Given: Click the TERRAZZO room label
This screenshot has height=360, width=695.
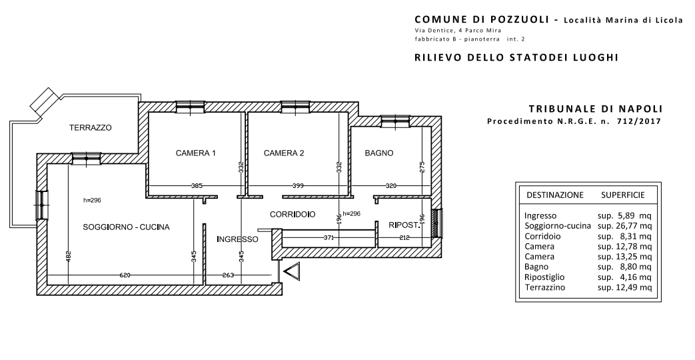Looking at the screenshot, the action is click(91, 128).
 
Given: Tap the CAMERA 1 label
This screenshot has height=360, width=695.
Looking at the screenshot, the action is click(195, 153).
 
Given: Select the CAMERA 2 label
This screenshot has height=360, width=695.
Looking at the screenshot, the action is click(284, 153).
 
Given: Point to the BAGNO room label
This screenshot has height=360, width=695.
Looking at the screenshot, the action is click(379, 153).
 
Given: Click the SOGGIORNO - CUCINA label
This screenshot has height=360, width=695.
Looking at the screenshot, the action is click(127, 227).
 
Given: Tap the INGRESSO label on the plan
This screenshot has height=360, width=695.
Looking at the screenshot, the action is click(238, 239).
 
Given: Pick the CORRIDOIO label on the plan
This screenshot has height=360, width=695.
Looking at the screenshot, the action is click(293, 215).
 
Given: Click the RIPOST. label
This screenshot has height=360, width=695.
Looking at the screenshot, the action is click(404, 225).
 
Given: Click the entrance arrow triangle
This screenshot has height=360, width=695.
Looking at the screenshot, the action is click(292, 271).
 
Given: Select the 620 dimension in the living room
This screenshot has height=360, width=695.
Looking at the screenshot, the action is click(125, 275).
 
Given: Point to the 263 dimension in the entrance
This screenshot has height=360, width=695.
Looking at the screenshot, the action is click(228, 275).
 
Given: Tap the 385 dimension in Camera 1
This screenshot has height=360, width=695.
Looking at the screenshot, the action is click(197, 186).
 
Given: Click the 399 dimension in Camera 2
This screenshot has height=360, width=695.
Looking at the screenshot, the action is click(298, 186).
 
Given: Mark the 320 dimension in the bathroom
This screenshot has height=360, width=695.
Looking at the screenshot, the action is click(391, 186).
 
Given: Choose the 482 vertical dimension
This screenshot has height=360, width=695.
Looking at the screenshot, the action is click(68, 257).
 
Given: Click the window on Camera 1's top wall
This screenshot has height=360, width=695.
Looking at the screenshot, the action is click(190, 107).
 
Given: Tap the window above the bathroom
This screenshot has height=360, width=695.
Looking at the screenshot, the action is click(396, 121).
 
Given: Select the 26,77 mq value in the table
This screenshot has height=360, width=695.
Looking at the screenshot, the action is click(624, 226).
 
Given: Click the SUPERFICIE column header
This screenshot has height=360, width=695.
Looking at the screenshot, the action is click(623, 195).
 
